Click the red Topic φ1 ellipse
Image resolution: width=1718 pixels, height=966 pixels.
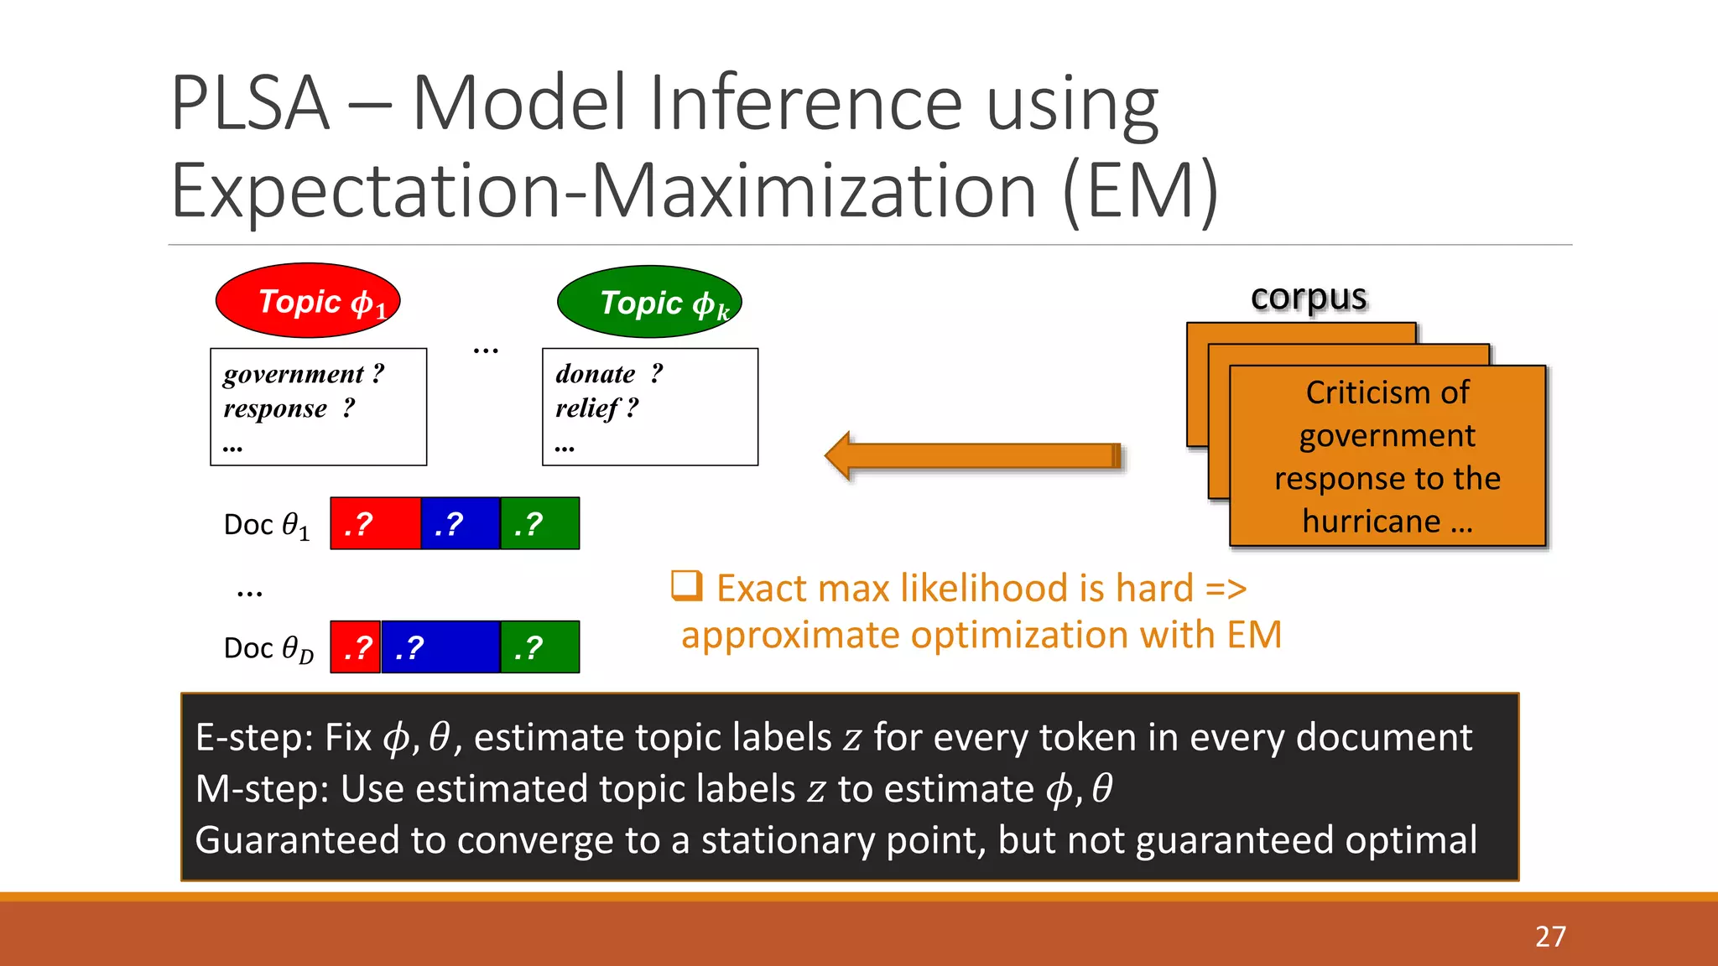pos(308,301)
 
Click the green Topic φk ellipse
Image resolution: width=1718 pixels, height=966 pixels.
pos(649,302)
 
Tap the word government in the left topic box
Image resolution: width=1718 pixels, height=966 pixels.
pos(294,374)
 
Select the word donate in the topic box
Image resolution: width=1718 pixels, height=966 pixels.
pos(595,374)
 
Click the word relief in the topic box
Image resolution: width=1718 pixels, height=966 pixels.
pos(587,408)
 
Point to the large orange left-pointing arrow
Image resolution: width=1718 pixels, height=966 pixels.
pos(973,456)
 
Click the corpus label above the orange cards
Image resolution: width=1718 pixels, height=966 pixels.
pos(1308,297)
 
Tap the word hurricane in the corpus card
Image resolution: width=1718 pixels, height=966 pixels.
pos(1371,522)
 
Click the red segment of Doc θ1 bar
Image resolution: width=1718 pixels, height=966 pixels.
pos(375,524)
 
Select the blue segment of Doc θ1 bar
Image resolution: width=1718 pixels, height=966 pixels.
pos(460,524)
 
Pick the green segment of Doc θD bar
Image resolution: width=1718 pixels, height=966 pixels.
pos(539,647)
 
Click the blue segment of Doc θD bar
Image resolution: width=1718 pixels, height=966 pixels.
pos(440,647)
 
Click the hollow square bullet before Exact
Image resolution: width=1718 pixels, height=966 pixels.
pos(686,585)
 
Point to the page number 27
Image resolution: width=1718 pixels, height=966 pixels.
pos(1550,936)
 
